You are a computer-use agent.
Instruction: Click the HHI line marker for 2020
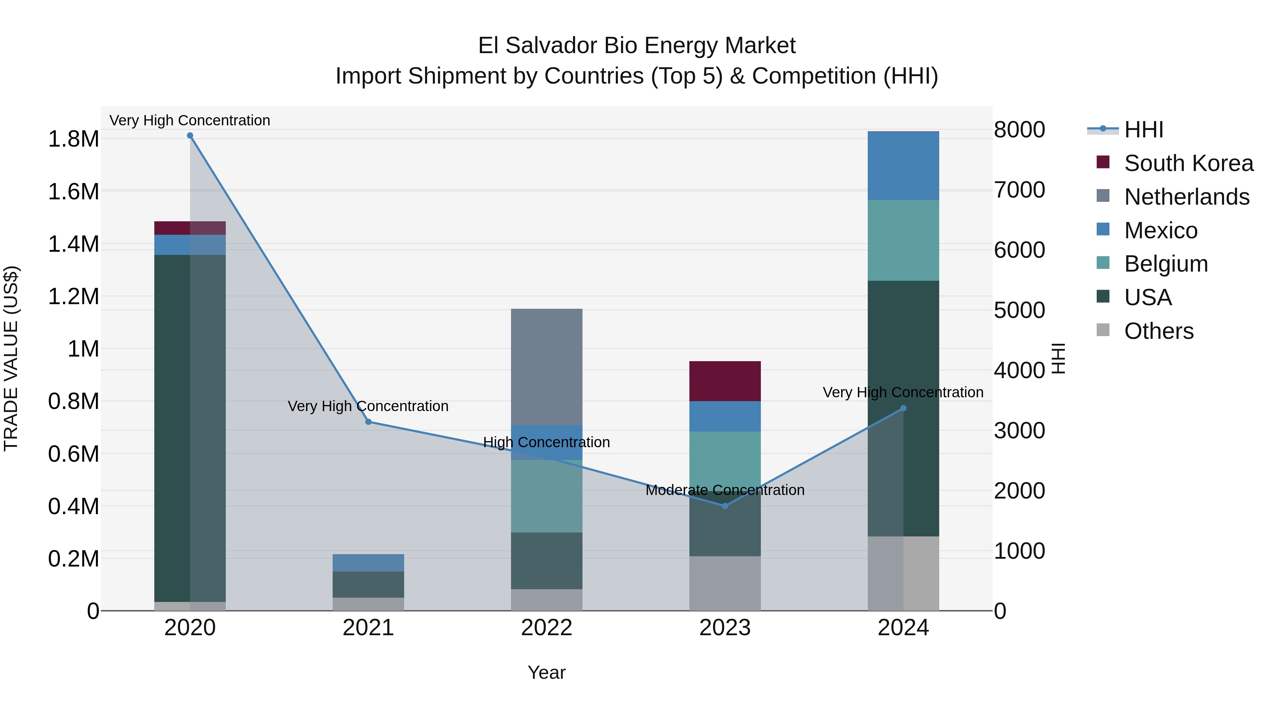[x=190, y=136]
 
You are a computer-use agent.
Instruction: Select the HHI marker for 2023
[x=725, y=506]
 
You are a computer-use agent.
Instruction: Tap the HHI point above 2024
[x=903, y=408]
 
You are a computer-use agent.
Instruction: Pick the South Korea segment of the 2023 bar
[x=725, y=381]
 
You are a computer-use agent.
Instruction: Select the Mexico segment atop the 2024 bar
[x=903, y=166]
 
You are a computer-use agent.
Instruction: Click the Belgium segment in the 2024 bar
[x=903, y=240]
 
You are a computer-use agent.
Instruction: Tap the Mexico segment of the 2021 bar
[x=368, y=563]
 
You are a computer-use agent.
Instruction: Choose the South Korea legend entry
[x=1188, y=163]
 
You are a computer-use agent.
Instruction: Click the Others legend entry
[x=1159, y=331]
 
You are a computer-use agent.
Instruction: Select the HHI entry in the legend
[x=1143, y=130]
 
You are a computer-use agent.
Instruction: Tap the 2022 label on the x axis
[x=546, y=628]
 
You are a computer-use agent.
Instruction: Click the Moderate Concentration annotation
[x=725, y=490]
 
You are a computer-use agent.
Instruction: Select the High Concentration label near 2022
[x=546, y=442]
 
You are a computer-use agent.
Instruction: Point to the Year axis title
[x=546, y=672]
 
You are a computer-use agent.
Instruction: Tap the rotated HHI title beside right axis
[x=1057, y=358]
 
